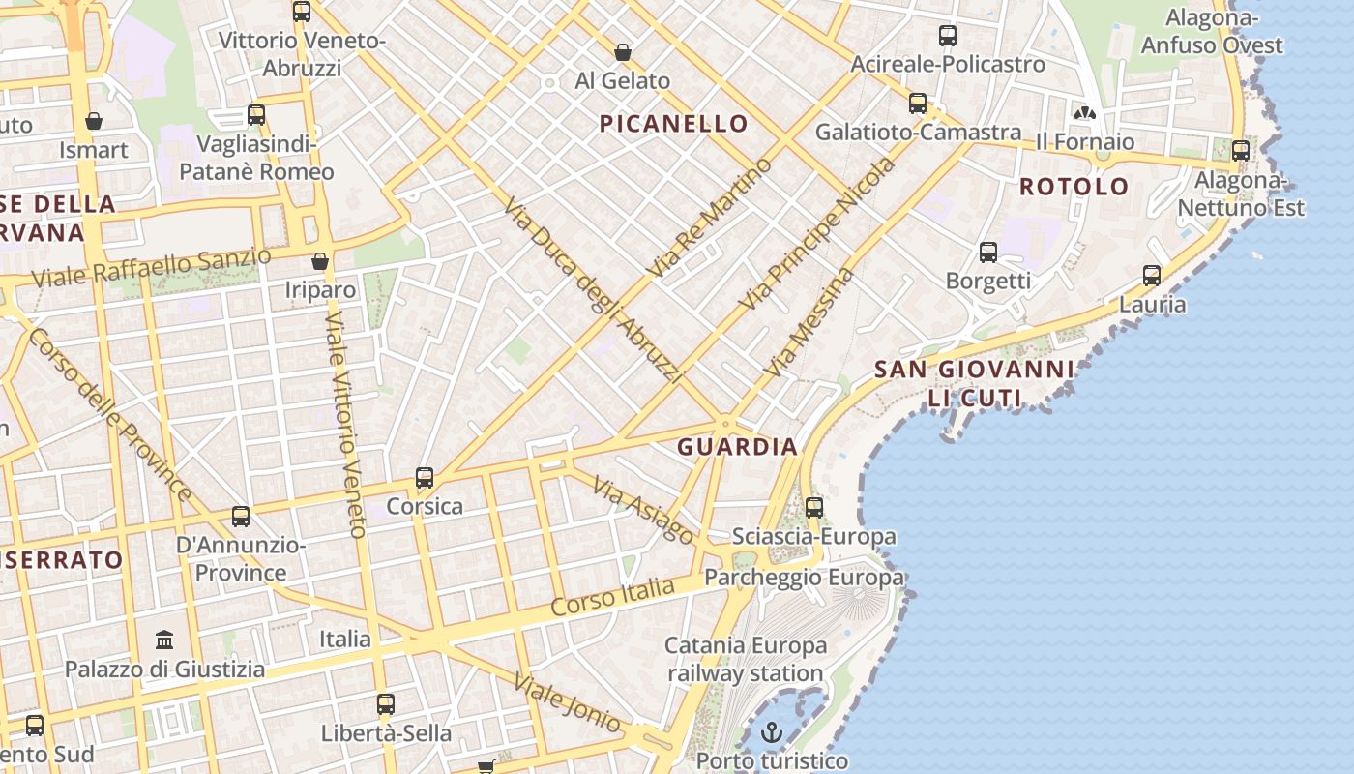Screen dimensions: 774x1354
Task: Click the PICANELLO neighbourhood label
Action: (x=673, y=124)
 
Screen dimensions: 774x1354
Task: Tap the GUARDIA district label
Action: (x=737, y=447)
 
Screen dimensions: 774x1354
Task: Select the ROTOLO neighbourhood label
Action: (x=1074, y=187)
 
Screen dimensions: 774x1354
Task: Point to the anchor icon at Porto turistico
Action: (x=771, y=732)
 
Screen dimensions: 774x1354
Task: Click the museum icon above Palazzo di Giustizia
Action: (x=164, y=640)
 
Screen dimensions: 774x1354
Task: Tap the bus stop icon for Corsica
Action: (x=425, y=478)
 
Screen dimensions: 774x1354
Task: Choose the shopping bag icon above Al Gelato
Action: (x=623, y=51)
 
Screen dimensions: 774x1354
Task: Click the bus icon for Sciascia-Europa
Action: (x=814, y=507)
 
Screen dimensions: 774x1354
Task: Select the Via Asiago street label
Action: (x=643, y=510)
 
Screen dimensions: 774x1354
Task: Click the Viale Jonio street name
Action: (x=568, y=701)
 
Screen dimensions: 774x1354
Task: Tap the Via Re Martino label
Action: (x=712, y=217)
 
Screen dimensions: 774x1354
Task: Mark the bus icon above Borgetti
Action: (x=987, y=253)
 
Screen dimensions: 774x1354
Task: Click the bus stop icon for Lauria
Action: (x=1152, y=276)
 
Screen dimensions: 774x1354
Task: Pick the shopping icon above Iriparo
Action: (x=320, y=261)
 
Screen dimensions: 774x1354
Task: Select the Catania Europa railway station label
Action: (x=745, y=659)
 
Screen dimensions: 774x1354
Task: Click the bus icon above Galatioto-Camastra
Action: (x=917, y=104)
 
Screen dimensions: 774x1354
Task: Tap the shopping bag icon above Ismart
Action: (x=94, y=121)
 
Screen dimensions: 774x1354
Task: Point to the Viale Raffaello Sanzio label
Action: (x=152, y=268)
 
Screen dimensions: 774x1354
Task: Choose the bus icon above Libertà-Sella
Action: (x=386, y=704)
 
